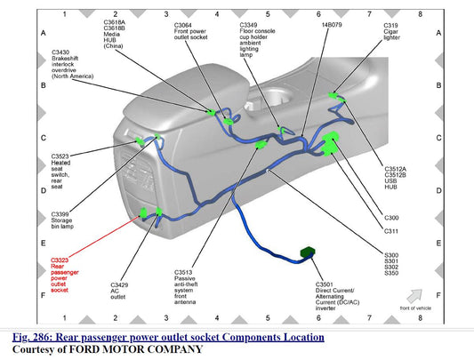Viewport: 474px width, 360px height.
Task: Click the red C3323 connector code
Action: pos(60,260)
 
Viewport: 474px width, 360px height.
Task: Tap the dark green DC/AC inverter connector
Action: pos(308,252)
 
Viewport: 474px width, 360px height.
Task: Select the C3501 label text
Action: pos(324,284)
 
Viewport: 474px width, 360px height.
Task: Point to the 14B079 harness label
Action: pos(332,25)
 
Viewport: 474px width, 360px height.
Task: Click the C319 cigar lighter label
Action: pos(392,31)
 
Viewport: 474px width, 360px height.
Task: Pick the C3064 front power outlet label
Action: pos(190,31)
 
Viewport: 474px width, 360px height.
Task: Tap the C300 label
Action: pos(391,218)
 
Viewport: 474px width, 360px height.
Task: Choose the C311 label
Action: pos(391,231)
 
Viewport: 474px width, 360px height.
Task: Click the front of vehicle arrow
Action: pos(414,296)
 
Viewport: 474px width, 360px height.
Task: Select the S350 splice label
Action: pos(391,273)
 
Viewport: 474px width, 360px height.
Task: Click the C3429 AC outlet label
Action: pos(119,291)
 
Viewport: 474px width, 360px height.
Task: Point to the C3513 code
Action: pos(183,272)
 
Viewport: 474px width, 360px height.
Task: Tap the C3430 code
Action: pos(60,52)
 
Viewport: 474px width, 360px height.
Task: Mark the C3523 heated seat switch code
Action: pos(60,156)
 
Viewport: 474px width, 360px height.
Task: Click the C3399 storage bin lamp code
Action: pos(60,214)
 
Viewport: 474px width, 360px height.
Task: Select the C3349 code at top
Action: pos(248,25)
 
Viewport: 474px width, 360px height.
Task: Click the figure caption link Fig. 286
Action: pos(168,337)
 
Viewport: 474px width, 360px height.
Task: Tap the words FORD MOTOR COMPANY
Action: pos(136,349)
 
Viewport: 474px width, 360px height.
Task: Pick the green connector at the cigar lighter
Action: pos(333,95)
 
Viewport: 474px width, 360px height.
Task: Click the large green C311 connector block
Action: pos(329,149)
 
